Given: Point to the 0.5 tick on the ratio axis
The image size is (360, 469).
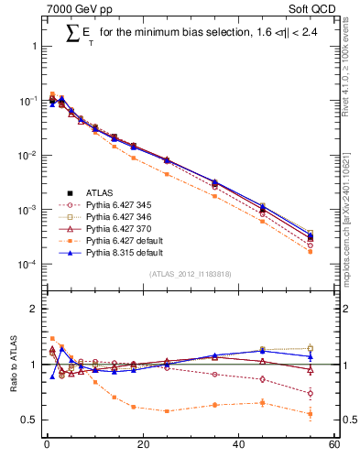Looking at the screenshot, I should point(29,420).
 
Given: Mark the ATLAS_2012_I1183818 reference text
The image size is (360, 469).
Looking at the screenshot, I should point(190,274).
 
